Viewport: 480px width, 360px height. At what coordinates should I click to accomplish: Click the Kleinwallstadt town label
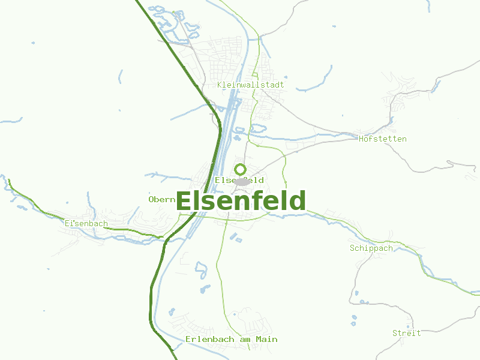(251, 85)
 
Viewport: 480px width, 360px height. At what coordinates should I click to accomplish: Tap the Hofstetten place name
(382, 139)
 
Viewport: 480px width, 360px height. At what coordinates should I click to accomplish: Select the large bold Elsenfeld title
(241, 201)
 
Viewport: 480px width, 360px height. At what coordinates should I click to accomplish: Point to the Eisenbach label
(86, 224)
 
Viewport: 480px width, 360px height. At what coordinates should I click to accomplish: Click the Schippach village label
(371, 248)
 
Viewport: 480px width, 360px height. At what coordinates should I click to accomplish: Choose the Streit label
(406, 333)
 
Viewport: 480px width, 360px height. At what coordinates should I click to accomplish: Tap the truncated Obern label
(161, 199)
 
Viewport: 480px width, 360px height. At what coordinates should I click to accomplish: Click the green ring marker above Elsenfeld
(240, 169)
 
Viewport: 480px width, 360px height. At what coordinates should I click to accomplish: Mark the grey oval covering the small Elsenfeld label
(242, 181)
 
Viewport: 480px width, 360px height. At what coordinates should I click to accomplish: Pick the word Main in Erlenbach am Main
(267, 340)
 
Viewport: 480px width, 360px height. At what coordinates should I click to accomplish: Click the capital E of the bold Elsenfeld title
(184, 201)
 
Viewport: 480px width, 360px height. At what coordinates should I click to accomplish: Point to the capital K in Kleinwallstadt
(220, 85)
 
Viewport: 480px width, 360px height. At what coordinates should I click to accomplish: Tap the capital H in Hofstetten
(361, 139)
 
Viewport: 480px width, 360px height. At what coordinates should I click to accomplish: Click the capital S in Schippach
(352, 248)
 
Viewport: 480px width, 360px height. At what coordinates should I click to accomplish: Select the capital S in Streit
(395, 333)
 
